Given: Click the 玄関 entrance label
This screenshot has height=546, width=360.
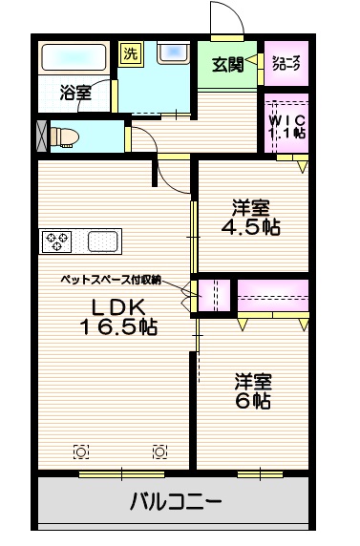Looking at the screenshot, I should click(225, 65).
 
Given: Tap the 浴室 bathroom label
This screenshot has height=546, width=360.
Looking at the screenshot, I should click(75, 93).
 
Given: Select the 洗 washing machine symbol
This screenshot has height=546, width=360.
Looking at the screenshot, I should click(130, 54).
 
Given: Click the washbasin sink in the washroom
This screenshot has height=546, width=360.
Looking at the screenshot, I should click(174, 54).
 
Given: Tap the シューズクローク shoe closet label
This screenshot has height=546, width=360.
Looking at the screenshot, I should click(286, 64).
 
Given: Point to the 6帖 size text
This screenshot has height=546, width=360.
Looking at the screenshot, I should click(253, 401).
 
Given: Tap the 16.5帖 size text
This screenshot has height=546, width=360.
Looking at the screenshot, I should click(118, 327).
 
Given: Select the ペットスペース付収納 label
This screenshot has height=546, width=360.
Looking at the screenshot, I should click(109, 281).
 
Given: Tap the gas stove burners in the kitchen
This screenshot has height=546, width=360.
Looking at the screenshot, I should click(56, 241).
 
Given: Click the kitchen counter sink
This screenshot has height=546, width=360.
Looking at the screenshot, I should click(102, 241).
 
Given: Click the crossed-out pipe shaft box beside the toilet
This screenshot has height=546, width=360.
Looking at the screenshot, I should click(39, 135).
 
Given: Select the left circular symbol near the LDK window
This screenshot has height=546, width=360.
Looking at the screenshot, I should click(81, 451).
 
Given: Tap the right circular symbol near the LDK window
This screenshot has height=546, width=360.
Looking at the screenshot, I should click(160, 451).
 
